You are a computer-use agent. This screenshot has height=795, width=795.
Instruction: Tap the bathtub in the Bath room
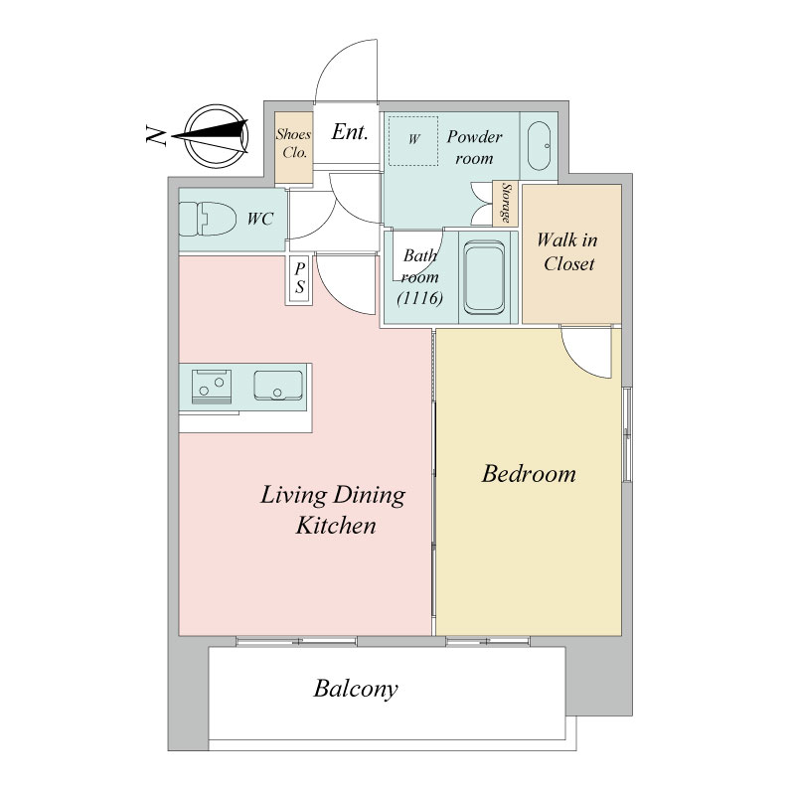[485, 278]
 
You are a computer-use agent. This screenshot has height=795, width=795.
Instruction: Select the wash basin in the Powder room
[539, 146]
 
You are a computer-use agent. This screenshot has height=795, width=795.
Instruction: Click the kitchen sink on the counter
[278, 386]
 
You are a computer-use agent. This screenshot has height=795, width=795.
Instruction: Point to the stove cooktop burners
[212, 387]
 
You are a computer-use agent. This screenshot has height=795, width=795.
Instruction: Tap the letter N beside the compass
[155, 136]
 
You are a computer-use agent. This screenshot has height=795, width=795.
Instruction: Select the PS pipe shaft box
[299, 279]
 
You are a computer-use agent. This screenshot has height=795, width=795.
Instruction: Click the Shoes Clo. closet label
[293, 143]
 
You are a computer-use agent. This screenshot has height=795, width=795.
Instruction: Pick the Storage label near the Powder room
[506, 203]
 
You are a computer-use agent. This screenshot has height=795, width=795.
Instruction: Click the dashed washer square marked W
[412, 140]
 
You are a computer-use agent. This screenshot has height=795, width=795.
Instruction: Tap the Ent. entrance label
[350, 132]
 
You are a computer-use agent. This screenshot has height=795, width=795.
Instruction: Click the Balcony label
[356, 689]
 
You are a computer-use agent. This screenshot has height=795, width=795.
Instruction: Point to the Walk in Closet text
[567, 251]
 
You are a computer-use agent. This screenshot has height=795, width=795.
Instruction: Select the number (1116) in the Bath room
[420, 297]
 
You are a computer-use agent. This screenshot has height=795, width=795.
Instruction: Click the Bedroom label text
[529, 474]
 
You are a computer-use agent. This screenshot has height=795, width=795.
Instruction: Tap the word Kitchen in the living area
[336, 526]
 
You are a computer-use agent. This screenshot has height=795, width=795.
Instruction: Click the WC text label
[260, 219]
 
